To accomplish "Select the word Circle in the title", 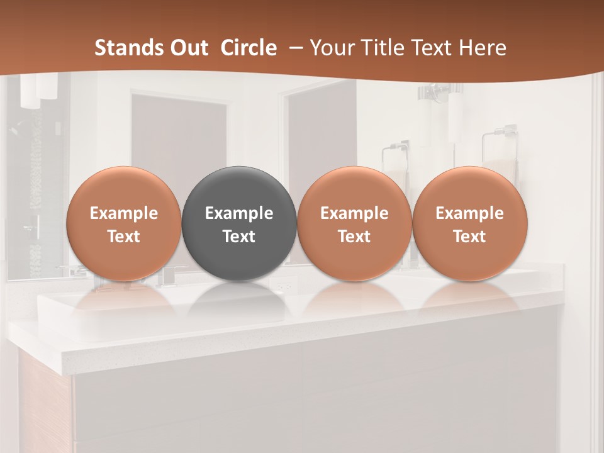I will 249,48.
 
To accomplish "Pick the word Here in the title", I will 482,48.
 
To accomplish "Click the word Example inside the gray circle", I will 239,213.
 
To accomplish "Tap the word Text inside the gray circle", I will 239,237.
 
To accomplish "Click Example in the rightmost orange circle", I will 469,213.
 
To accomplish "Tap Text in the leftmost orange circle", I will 124,237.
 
